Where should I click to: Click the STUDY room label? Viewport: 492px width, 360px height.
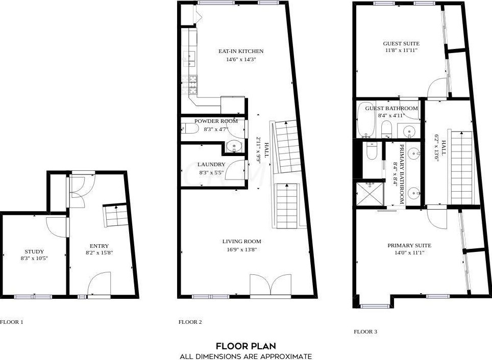(34, 251)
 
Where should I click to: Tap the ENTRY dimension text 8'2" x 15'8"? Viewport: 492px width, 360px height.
(99, 252)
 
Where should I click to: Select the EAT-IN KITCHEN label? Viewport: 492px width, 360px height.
(241, 51)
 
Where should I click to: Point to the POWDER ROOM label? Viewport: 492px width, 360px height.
(216, 121)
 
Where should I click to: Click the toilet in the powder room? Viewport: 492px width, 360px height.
(189, 128)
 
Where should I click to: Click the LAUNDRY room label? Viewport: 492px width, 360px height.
(211, 164)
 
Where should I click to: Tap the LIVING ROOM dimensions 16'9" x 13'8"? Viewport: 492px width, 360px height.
(241, 250)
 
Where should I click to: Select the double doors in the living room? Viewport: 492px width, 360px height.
(271, 285)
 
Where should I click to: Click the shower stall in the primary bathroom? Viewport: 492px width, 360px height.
(370, 194)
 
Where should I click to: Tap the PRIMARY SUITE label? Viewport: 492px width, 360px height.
(409, 246)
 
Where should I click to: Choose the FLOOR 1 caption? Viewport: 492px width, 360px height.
(12, 322)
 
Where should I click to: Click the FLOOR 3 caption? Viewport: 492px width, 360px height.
(365, 331)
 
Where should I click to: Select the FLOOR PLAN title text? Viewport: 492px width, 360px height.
(246, 346)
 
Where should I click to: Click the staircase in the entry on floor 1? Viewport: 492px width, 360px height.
(116, 215)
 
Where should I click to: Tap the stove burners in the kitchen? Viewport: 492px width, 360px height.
(192, 85)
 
